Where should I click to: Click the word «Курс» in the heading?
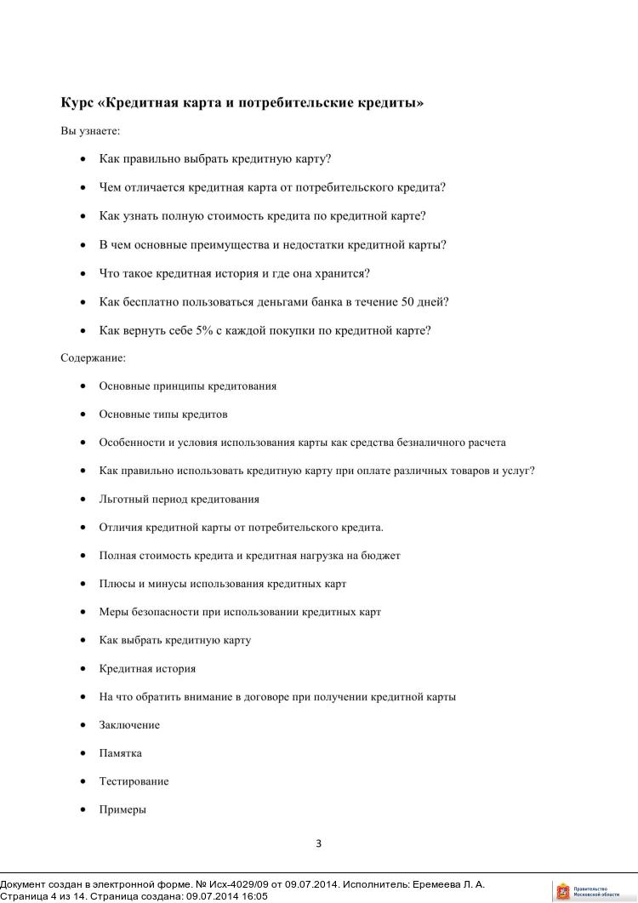[x=77, y=103]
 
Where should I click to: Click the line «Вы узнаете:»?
[x=90, y=131]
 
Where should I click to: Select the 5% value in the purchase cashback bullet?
[x=203, y=330]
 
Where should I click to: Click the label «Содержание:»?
[x=93, y=358]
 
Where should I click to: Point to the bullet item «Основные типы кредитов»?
[x=163, y=414]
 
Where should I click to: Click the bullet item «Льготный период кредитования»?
[x=179, y=499]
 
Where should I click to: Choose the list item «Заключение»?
[x=129, y=725]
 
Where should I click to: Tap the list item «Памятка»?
[x=120, y=753]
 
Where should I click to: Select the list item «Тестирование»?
[x=134, y=781]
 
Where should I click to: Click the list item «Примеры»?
[x=122, y=809]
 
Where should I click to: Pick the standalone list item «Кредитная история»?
[x=147, y=669]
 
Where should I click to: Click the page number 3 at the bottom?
[x=318, y=844]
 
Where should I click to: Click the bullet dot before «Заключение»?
[x=83, y=725]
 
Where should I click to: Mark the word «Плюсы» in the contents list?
[x=117, y=584]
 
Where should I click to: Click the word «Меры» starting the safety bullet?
[x=113, y=612]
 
